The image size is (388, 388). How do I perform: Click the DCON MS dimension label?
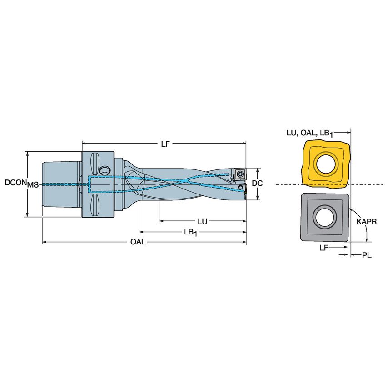(21, 184)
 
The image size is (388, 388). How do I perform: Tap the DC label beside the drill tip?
(258, 183)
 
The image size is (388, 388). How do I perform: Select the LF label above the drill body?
(166, 144)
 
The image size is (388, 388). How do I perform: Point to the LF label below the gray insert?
(324, 248)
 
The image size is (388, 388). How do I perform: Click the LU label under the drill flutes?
(202, 222)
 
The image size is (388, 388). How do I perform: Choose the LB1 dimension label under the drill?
(190, 232)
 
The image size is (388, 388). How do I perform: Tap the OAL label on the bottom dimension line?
(138, 242)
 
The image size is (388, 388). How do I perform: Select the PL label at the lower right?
(366, 255)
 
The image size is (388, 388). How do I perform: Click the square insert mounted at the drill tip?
(238, 174)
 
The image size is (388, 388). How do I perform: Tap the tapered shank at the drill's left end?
(61, 184)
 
